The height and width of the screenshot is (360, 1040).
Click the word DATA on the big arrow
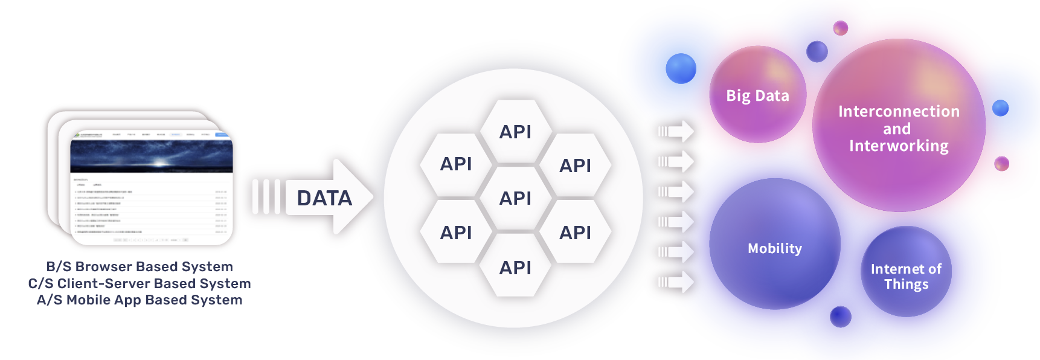point(324,198)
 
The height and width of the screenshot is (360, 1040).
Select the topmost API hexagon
point(515,132)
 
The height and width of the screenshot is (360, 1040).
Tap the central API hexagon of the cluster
point(515,198)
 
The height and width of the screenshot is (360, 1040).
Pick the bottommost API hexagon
point(515,268)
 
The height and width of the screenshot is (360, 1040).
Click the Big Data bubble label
point(757,95)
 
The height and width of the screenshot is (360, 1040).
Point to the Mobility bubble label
point(775,248)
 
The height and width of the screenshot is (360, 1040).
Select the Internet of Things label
point(906,277)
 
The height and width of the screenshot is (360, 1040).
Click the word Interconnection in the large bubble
point(899,112)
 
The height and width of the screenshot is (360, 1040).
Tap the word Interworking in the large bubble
point(899,146)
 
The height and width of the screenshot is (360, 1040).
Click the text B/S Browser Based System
point(140,266)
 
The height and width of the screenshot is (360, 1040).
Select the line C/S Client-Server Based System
point(140,283)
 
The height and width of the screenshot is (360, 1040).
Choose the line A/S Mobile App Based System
point(140,300)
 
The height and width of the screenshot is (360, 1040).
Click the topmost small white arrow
point(676,131)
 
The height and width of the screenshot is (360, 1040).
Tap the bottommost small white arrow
point(676,281)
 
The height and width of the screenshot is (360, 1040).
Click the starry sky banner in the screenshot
point(152,156)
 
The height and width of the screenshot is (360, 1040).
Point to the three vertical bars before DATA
point(266,196)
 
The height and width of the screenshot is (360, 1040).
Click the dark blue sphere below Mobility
point(840,316)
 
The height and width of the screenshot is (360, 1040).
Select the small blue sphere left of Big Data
point(682,69)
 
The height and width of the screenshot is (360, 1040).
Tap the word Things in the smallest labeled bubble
point(906,284)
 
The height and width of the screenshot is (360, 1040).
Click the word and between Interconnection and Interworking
point(897,129)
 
